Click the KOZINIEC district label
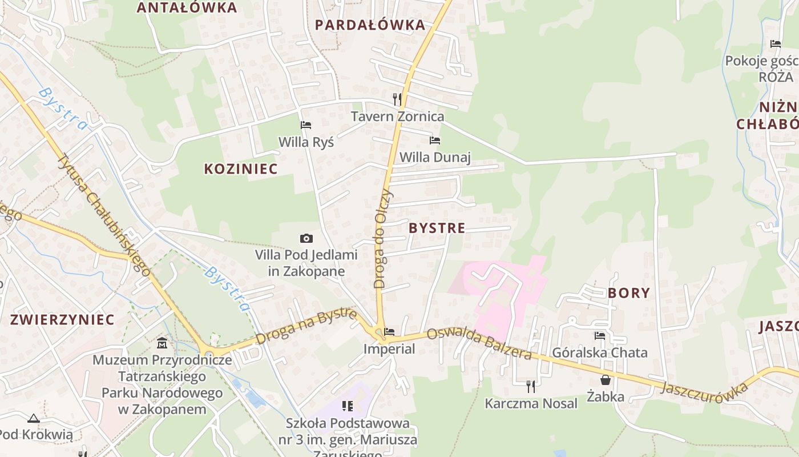(241, 169)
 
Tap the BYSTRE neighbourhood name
(437, 228)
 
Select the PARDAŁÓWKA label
(370, 25)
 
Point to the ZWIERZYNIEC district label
(62, 319)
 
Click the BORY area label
(629, 293)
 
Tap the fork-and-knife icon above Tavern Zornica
(397, 99)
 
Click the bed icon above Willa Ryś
(306, 125)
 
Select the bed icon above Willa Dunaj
(435, 140)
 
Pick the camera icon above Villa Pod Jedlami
(306, 238)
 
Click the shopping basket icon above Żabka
(605, 379)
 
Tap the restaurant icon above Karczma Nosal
(531, 386)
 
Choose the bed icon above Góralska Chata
(599, 336)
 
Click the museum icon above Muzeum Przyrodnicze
(162, 343)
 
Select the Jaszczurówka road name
(704, 392)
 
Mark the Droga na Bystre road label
(306, 326)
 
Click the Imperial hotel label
(390, 348)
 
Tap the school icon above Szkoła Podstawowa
(348, 406)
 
